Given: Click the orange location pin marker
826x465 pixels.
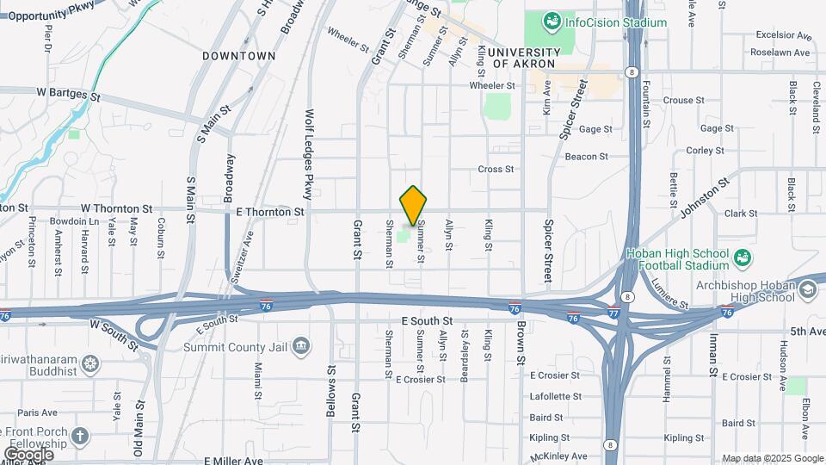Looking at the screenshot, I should pyautogui.click(x=414, y=206).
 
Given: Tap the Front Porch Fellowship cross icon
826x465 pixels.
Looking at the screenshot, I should pyautogui.click(x=80, y=437).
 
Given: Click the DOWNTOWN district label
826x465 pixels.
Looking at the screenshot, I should pyautogui.click(x=239, y=55).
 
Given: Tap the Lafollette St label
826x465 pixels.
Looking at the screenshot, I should pyautogui.click(x=555, y=396).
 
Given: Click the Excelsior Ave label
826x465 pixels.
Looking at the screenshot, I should pyautogui.click(x=784, y=36).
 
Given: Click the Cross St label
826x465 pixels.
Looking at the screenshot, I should pyautogui.click(x=496, y=170).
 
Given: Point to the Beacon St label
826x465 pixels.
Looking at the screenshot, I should pyautogui.click(x=587, y=157).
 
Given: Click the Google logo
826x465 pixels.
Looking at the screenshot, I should pyautogui.click(x=29, y=453).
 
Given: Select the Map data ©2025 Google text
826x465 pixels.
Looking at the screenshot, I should pyautogui.click(x=772, y=458).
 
